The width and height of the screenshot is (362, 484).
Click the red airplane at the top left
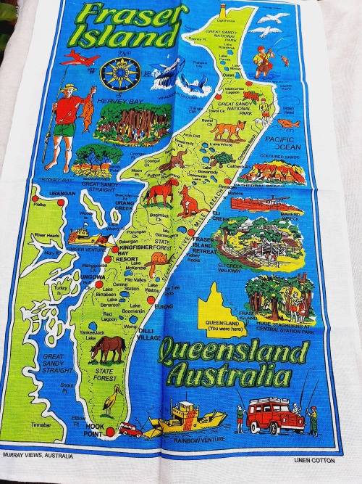(x=78, y=57)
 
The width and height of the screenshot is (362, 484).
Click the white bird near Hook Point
(x=114, y=401)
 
